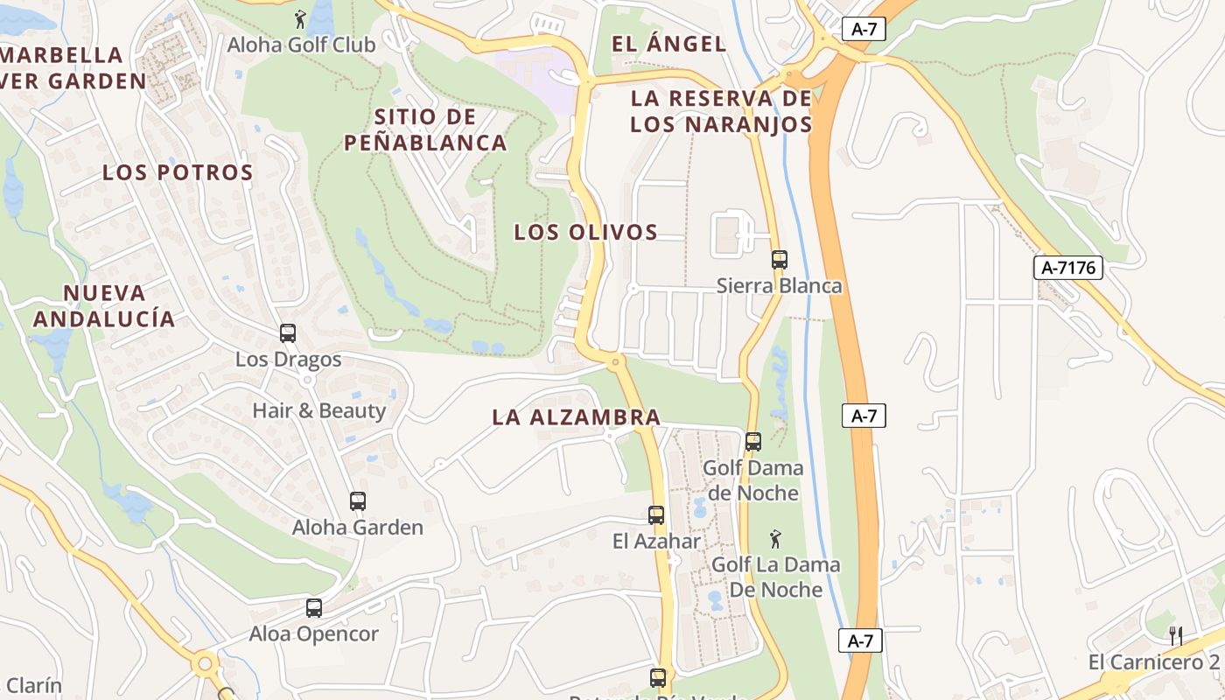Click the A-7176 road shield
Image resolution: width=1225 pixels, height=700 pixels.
click(1068, 268)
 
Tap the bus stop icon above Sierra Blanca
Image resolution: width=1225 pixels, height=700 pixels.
click(779, 260)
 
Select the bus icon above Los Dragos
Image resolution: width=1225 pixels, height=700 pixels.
click(288, 333)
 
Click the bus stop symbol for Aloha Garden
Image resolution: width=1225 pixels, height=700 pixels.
click(357, 501)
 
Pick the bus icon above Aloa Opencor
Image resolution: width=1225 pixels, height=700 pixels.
click(313, 608)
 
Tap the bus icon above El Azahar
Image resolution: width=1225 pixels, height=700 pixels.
click(656, 515)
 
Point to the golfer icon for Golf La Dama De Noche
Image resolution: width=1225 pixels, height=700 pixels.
click(775, 539)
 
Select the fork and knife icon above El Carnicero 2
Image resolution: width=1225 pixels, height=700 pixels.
click(1177, 635)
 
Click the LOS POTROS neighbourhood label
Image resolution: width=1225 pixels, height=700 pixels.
click(178, 172)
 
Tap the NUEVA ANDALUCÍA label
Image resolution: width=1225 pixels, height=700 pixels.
click(104, 305)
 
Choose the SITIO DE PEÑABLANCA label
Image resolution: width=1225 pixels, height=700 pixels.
click(425, 129)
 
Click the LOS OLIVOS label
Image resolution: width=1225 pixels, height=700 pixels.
click(585, 232)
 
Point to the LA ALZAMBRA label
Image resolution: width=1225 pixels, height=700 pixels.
click(576, 417)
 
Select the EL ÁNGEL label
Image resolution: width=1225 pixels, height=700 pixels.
click(668, 44)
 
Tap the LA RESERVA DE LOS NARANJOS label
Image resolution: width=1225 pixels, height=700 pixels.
click(721, 111)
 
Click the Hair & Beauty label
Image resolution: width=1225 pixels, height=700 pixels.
click(318, 410)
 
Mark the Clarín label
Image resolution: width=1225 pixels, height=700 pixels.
click(31, 685)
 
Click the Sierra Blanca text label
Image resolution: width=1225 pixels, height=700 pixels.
click(779, 286)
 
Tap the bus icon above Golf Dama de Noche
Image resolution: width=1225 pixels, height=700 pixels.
click(753, 442)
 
